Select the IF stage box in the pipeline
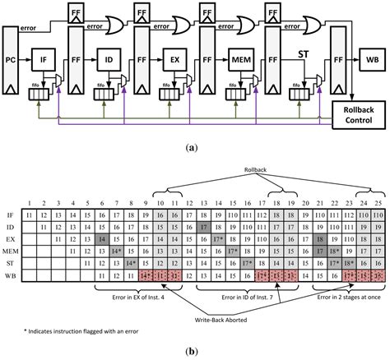tap(44, 61)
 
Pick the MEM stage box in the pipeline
tap(239, 61)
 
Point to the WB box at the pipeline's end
tap(367, 61)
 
